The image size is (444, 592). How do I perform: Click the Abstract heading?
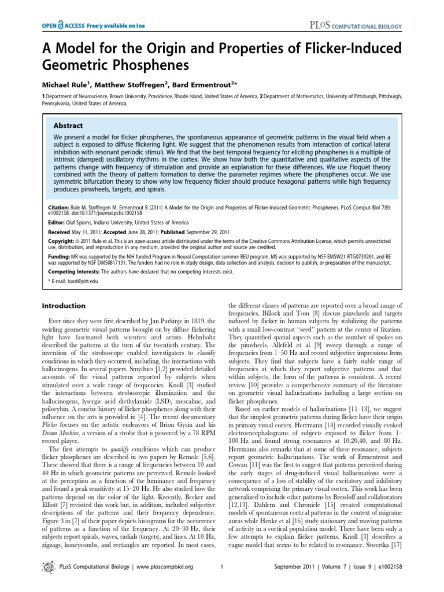tap(69, 125)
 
